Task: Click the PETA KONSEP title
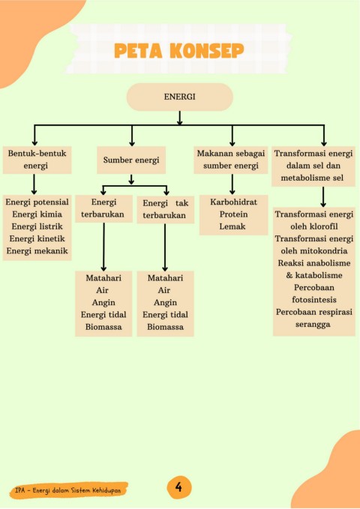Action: point(179,51)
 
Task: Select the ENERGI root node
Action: point(180,97)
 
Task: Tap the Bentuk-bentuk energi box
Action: point(37,160)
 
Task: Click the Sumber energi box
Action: point(131,160)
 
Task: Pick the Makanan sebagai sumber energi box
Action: point(231,160)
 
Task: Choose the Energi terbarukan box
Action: point(103,208)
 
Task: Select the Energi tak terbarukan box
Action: point(166,209)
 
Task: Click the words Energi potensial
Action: point(37,202)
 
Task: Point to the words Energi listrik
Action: point(37,226)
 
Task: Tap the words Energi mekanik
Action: point(37,250)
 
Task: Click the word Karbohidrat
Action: point(233,202)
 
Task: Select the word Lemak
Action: point(232,226)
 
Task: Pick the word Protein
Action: point(233,214)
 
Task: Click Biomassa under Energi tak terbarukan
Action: point(166,327)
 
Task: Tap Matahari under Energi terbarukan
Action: point(103,278)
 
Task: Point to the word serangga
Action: point(313,325)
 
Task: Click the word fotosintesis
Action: point(313,300)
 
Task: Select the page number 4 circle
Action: point(178,487)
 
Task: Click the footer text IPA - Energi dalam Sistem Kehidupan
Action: point(68,490)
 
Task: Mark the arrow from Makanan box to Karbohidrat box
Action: point(232,184)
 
